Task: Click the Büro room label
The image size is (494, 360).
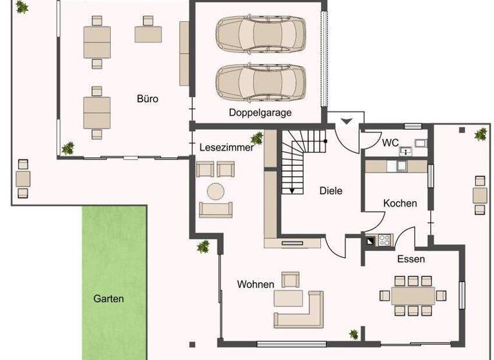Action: pyautogui.click(x=147, y=99)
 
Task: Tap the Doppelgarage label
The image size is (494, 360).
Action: pyautogui.click(x=260, y=113)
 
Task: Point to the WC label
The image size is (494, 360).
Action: pyautogui.click(x=390, y=142)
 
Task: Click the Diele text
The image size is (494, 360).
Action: pyautogui.click(x=331, y=191)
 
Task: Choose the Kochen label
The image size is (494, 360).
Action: pyautogui.click(x=400, y=203)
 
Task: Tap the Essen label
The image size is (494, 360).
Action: pyautogui.click(x=410, y=260)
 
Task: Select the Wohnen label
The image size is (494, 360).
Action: pyautogui.click(x=255, y=284)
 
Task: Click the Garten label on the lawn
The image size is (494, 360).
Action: pyautogui.click(x=109, y=299)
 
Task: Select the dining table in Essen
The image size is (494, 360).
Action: pyautogui.click(x=412, y=295)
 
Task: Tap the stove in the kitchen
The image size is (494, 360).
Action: pyautogui.click(x=384, y=240)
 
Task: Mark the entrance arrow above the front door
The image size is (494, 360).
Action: pyautogui.click(x=346, y=120)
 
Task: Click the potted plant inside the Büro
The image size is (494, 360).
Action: pyautogui.click(x=67, y=148)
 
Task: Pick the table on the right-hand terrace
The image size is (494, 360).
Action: pyautogui.click(x=480, y=195)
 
